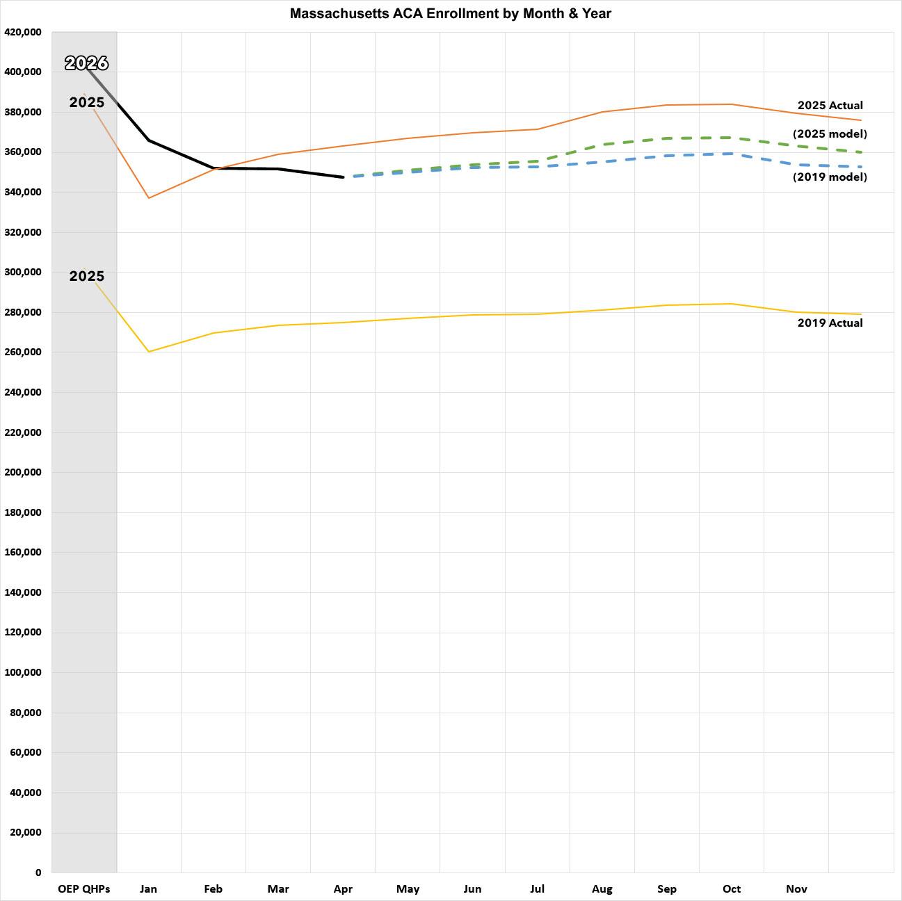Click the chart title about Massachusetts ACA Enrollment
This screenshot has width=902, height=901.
tap(451, 13)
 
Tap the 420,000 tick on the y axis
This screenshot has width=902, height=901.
tap(23, 32)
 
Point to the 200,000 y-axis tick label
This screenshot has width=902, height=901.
tap(23, 472)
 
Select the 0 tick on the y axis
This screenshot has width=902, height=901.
tap(38, 872)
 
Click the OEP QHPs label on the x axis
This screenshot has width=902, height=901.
tap(83, 888)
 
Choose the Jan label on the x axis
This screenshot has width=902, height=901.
tap(148, 888)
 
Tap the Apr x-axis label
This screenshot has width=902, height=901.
tap(343, 888)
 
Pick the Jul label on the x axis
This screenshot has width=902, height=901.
tap(537, 888)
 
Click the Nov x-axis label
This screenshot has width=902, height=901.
tap(796, 888)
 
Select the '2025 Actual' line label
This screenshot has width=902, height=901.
tap(830, 106)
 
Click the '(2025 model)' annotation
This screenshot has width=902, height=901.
tap(830, 133)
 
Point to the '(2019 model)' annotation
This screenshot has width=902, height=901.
tap(830, 177)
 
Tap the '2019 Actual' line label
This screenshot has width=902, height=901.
tap(830, 323)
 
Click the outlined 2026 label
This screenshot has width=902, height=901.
tap(87, 63)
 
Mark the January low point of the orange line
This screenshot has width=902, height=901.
tap(149, 198)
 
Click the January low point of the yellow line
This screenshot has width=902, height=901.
tap(149, 352)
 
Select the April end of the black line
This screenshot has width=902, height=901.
tap(343, 177)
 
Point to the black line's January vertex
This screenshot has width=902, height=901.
tap(149, 140)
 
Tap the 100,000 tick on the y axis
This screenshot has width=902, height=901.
tap(23, 672)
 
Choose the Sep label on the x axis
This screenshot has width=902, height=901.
tap(667, 888)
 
